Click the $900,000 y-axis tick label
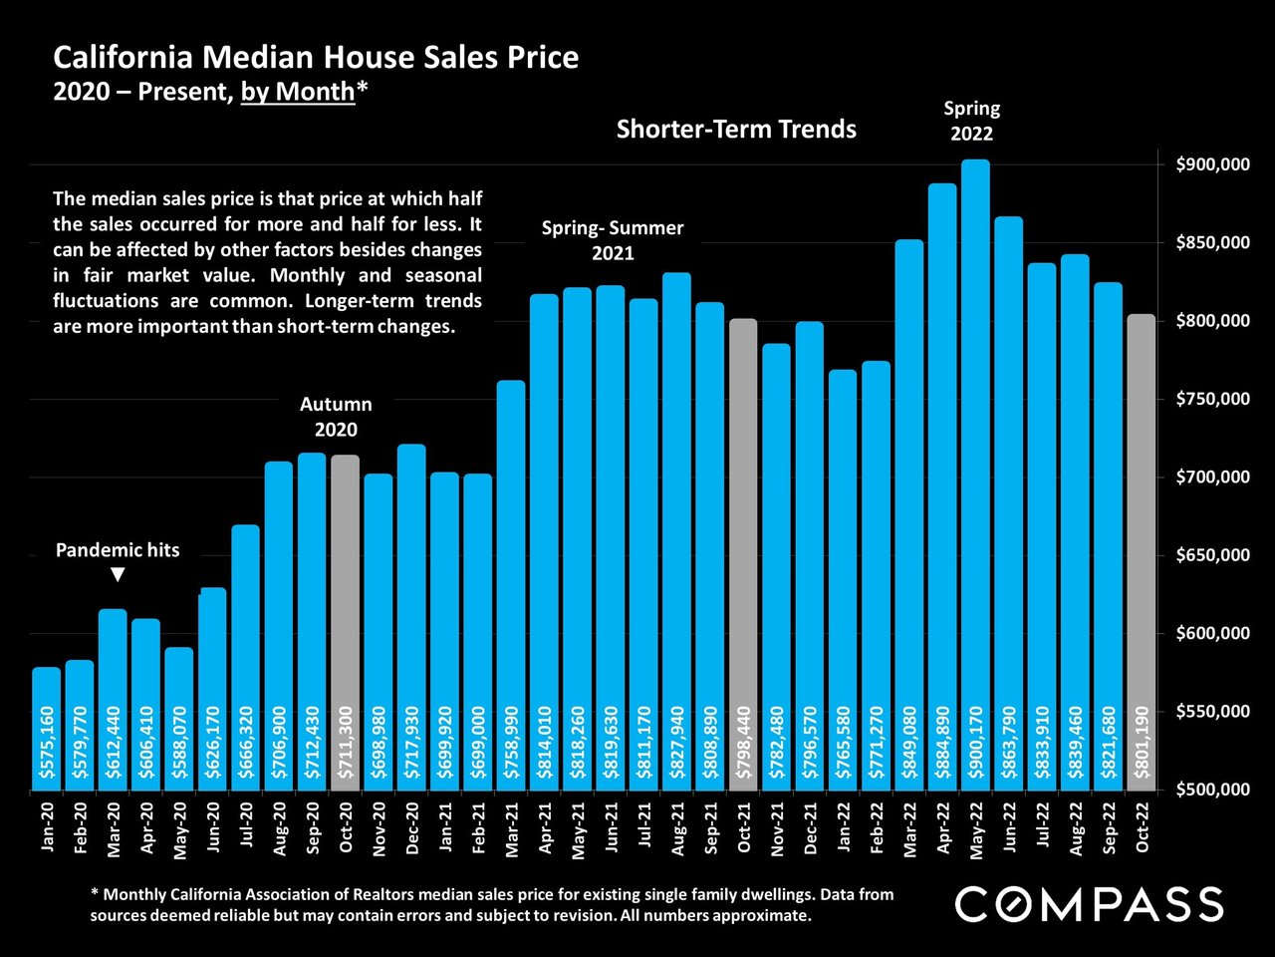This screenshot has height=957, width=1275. point(1211,164)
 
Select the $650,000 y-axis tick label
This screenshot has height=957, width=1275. point(1211,555)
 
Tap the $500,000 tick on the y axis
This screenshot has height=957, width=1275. point(1211,790)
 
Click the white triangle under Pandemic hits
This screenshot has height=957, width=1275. point(118,575)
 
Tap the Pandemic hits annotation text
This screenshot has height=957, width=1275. point(118,550)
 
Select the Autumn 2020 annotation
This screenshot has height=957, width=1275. point(336,417)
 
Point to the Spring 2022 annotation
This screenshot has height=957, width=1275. point(972,121)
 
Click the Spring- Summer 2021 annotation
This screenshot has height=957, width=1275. point(613,240)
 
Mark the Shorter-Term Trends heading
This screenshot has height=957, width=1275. point(736,129)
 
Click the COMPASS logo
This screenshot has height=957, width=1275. point(1089,905)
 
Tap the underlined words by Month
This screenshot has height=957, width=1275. point(298,92)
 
